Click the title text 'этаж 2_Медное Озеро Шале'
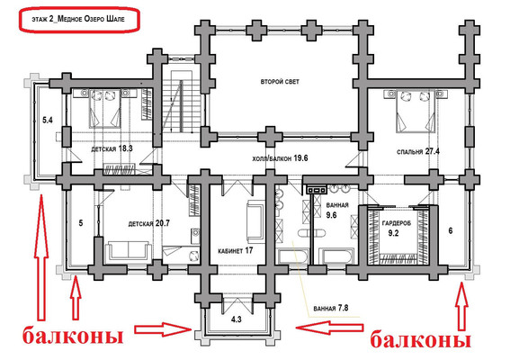click(78, 19)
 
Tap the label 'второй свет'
click(280, 81)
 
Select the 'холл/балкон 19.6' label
click(280, 158)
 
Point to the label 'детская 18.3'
click(112, 148)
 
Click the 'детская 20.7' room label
click(149, 223)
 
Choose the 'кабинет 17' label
click(235, 250)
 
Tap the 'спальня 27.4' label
click(418, 151)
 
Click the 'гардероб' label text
click(396, 223)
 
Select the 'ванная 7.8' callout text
click(331, 308)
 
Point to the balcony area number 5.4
click(48, 120)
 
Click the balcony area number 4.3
click(237, 319)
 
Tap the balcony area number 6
click(451, 230)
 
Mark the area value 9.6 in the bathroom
click(331, 215)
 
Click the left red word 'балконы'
click(73, 336)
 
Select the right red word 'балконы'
click(421, 340)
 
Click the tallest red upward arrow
click(41, 257)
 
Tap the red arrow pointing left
click(329, 328)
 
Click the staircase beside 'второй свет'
click(177, 103)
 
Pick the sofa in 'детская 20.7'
click(129, 251)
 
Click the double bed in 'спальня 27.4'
click(415, 111)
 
